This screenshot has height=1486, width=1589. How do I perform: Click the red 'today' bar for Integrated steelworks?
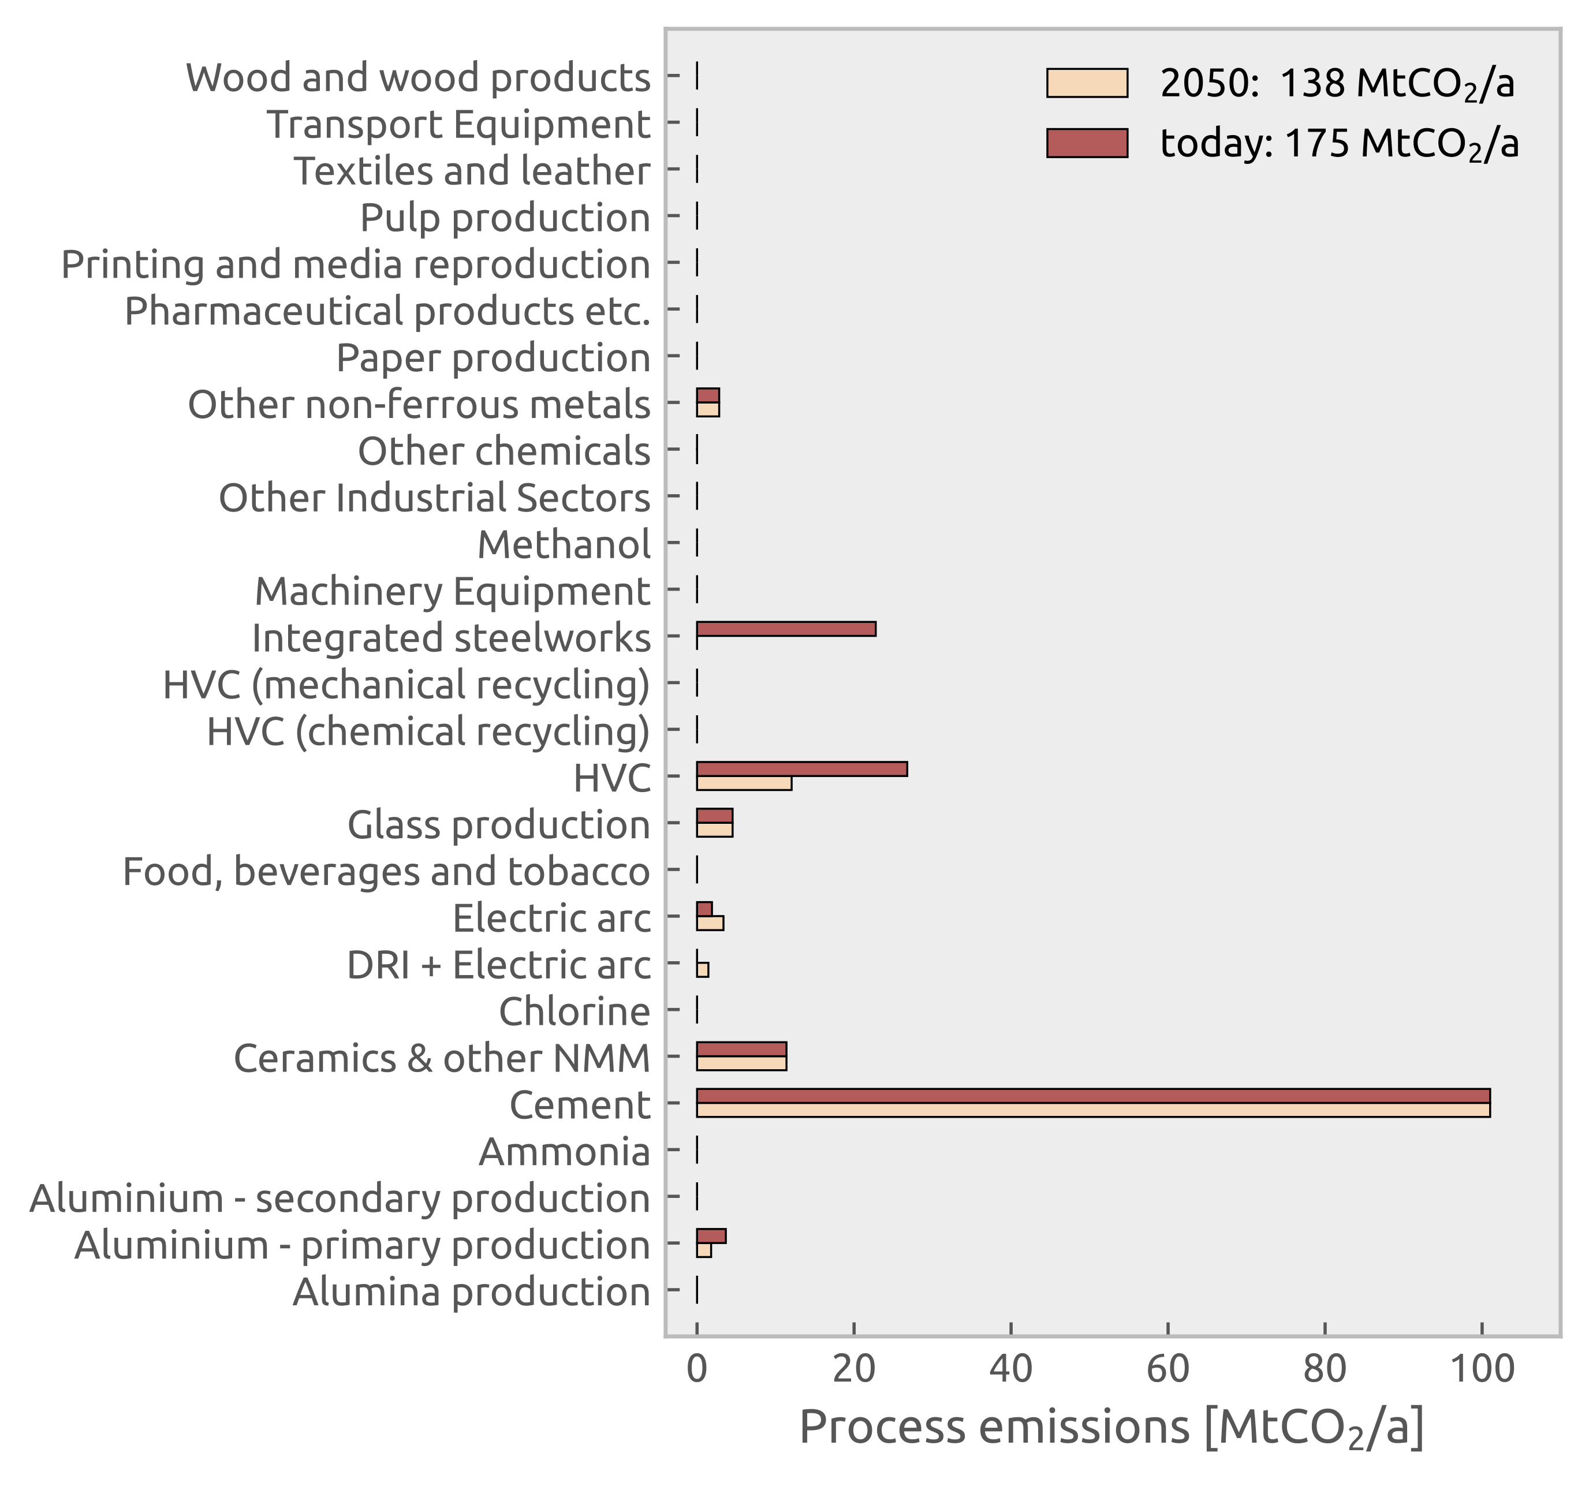786,629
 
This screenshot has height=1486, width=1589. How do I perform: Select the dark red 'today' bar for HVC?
801,769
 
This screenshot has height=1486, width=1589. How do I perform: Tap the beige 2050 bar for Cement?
1092,1110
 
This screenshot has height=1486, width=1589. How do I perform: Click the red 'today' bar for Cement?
1092,1096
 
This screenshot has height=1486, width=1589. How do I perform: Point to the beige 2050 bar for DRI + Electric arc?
703,970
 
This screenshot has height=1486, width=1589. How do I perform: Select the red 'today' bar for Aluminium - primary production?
711,1237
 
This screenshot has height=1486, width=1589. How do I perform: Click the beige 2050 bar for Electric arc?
710,923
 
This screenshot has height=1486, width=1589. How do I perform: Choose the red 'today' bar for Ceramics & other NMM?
741,1050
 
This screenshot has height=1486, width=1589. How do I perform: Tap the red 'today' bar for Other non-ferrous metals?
707,395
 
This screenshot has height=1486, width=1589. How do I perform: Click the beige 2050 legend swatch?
1086,83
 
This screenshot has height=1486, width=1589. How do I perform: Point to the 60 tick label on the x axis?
1167,1369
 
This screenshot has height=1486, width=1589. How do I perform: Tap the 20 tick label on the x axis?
853,1369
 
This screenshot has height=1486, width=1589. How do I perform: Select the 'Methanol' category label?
564,545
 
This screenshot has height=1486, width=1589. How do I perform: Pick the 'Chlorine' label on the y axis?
574,1012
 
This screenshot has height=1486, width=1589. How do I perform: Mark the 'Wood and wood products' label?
418,79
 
